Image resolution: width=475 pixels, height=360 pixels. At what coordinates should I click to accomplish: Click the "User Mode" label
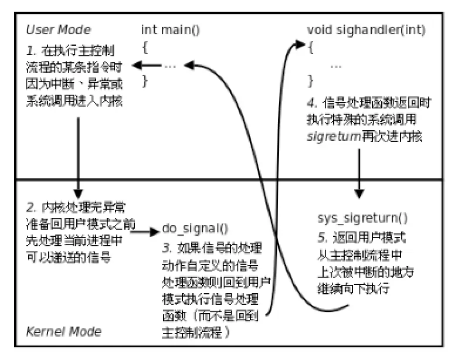pyautogui.click(x=59, y=29)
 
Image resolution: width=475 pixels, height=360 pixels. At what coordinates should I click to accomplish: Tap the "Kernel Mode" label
pyautogui.click(x=63, y=331)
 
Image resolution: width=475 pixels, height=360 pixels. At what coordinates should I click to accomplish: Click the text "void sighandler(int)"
pyautogui.click(x=367, y=29)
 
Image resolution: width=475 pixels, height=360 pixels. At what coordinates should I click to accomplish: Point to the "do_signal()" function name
pyautogui.click(x=195, y=229)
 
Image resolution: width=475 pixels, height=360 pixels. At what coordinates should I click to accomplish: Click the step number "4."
pyautogui.click(x=312, y=103)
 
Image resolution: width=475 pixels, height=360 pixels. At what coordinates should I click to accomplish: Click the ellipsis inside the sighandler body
pyautogui.click(x=336, y=65)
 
